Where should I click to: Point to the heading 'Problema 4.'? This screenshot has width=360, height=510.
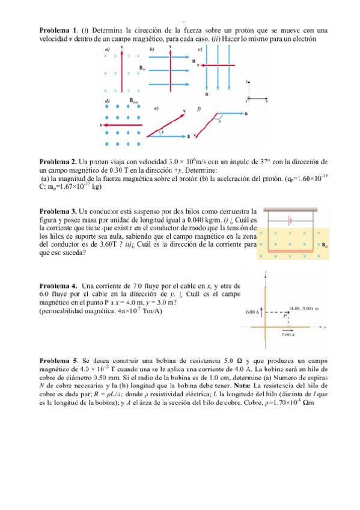coord(58,285)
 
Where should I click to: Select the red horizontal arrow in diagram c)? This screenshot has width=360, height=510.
coord(219,64)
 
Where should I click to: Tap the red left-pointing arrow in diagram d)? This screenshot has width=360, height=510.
coord(123,125)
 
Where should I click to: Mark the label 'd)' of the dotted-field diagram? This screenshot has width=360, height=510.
coord(107,100)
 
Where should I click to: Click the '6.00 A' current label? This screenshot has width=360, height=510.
coord(252,313)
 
